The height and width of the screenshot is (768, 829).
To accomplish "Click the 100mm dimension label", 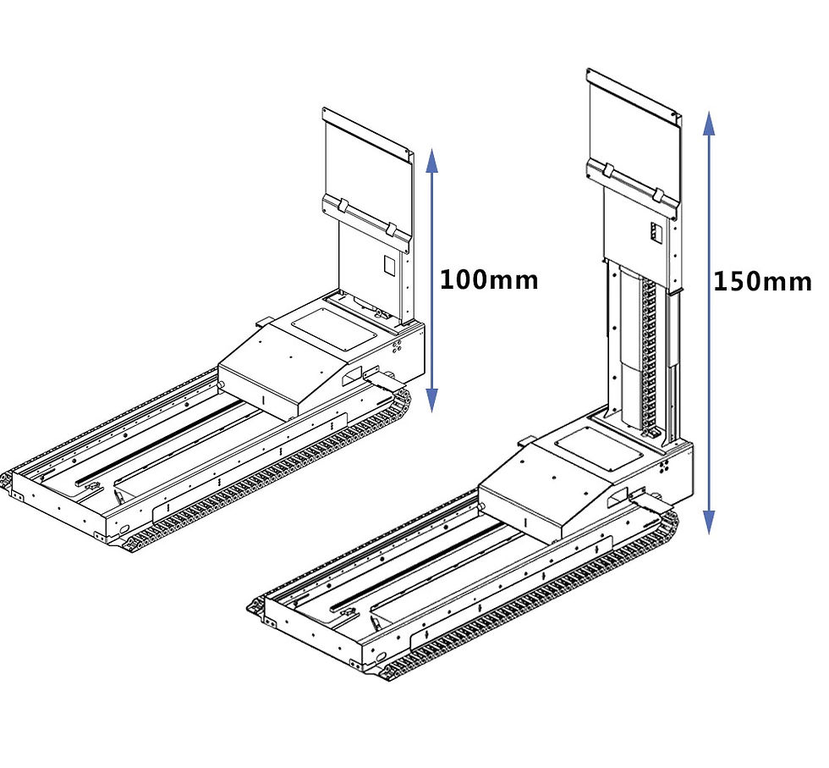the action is (x=489, y=279).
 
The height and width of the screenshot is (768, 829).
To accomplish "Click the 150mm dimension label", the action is (x=761, y=280).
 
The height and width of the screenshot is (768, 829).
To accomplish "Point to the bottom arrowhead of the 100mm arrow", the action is (x=432, y=401).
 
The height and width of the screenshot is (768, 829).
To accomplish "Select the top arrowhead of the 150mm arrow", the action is (x=709, y=124).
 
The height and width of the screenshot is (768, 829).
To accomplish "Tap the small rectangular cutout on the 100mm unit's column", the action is (x=390, y=264).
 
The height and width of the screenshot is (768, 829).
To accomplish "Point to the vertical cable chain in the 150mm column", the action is (x=649, y=356).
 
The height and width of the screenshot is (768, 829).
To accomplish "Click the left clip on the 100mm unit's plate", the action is (x=341, y=206).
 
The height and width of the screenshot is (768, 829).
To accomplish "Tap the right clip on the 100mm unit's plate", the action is (x=392, y=229).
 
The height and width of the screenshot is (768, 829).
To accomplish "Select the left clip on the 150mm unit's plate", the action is (x=607, y=172).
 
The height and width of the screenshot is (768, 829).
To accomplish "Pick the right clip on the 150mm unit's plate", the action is (x=657, y=195).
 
